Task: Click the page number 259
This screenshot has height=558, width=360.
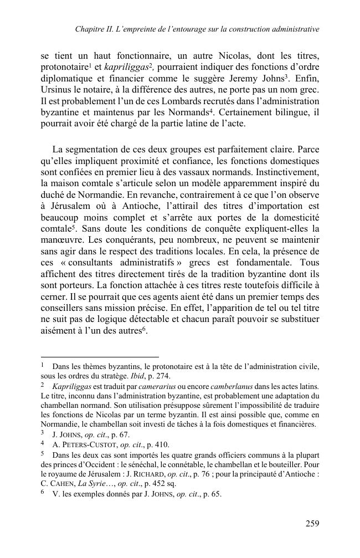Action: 312,523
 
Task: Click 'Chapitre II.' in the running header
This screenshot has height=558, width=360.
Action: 95,28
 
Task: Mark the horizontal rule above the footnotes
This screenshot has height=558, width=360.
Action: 100,357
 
